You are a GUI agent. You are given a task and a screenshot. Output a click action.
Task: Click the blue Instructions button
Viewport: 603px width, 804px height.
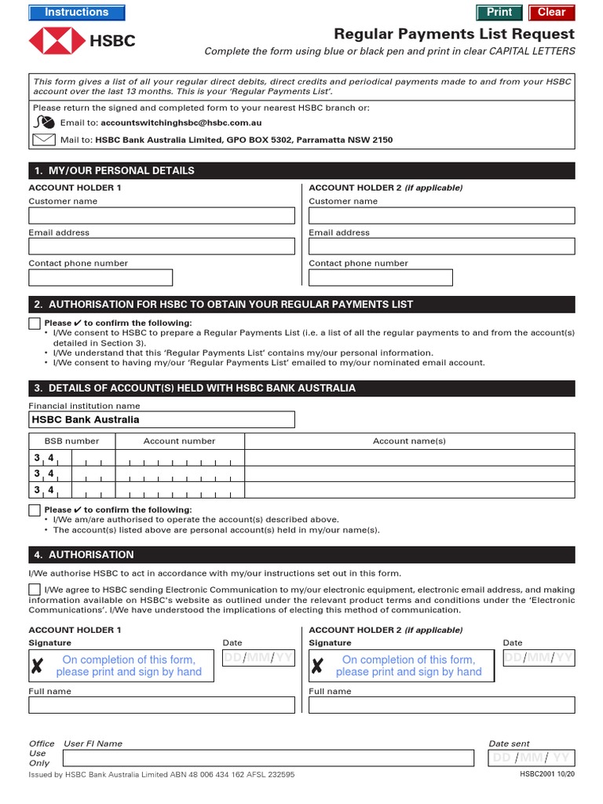click(76, 13)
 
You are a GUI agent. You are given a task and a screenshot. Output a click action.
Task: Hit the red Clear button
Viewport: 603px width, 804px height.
click(551, 13)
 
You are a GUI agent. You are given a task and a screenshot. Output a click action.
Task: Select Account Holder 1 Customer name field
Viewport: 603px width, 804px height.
click(162, 216)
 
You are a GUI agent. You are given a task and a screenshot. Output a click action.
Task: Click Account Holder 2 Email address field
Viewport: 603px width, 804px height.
click(441, 247)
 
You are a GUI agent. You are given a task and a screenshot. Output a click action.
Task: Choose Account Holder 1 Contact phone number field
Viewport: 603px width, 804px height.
click(100, 277)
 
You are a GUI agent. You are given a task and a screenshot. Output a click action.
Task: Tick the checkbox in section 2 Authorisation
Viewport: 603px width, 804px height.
click(35, 323)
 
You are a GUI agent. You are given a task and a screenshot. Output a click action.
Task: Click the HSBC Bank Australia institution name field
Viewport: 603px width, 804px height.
click(162, 420)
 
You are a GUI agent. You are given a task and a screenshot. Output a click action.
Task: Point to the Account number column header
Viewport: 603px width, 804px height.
click(179, 441)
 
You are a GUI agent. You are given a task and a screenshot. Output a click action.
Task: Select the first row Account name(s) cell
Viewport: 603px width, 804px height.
click(409, 459)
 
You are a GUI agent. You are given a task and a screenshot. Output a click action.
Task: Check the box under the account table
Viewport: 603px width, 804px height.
click(35, 510)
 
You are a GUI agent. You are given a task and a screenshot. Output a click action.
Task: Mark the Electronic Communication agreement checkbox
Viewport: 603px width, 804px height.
click(35, 590)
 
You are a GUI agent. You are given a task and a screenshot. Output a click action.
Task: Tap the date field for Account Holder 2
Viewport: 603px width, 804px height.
click(539, 658)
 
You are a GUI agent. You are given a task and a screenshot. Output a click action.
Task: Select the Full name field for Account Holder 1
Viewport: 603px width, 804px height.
click(162, 705)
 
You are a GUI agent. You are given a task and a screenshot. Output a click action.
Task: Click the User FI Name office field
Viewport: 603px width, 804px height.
click(268, 758)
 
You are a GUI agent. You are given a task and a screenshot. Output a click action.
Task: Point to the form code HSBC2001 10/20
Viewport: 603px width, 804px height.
click(547, 774)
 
